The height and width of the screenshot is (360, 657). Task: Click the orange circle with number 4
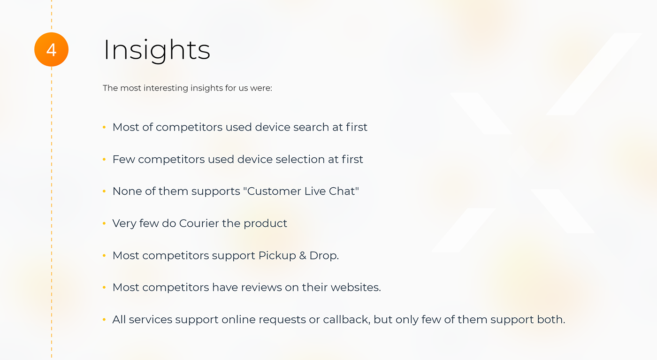[x=51, y=49]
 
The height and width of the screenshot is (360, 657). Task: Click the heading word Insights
[x=157, y=50]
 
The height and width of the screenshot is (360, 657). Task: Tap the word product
[x=265, y=223]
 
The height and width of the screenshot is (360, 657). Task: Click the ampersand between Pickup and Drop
[x=303, y=255]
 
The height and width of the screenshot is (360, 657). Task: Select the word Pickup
[x=277, y=255]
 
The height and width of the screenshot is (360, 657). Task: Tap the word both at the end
[x=551, y=320]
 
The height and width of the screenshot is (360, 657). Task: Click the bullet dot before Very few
[x=104, y=223]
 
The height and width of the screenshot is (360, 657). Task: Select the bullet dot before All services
[x=104, y=320]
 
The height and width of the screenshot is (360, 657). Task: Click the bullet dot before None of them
[x=104, y=191]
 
